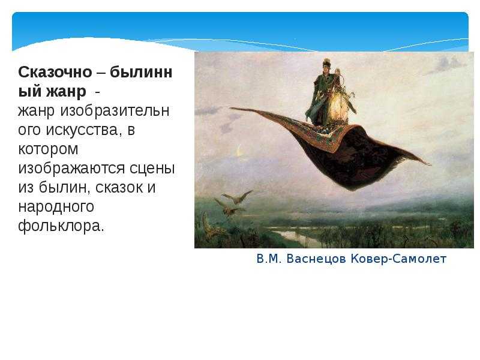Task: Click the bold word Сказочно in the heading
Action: click(x=55, y=73)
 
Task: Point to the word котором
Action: click(x=48, y=149)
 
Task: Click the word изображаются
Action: click(x=71, y=169)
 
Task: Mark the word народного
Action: click(x=56, y=206)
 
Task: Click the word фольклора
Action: click(x=61, y=226)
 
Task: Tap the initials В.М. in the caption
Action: click(x=269, y=259)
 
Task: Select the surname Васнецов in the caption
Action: click(x=316, y=259)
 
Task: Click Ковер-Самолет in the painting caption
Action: click(x=398, y=259)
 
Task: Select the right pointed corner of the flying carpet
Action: click(x=430, y=164)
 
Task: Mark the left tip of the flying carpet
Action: click(x=230, y=108)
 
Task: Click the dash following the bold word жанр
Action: click(x=97, y=92)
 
